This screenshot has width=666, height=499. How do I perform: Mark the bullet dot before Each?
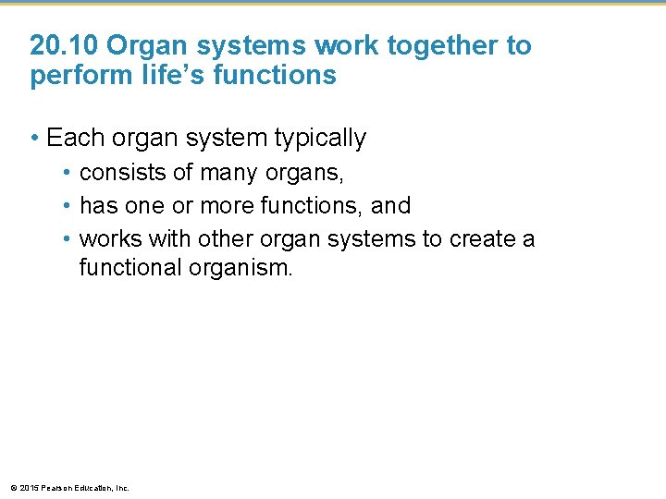34,140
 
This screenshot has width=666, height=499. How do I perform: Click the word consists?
118,173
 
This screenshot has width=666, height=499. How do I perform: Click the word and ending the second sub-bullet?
390,205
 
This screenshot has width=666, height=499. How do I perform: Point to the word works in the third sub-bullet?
107,238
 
